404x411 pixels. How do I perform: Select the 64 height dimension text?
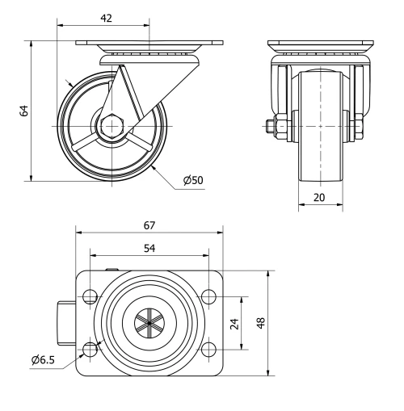click(24, 111)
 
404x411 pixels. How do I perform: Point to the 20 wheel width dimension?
click(320, 198)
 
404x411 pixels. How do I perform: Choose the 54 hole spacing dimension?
click(149, 248)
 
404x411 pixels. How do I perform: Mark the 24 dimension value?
click(234, 323)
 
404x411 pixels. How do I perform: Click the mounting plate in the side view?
click(149, 44)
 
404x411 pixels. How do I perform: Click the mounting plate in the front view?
click(320, 44)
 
